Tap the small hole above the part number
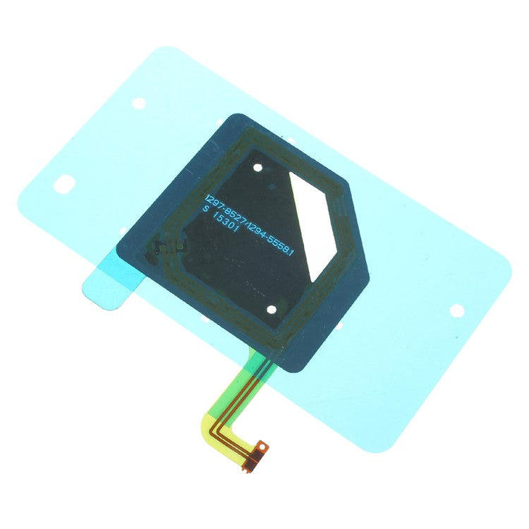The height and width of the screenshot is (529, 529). [x=258, y=168]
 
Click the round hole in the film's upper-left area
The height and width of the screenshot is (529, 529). [x=138, y=103]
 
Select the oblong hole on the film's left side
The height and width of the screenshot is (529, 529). [x=63, y=184]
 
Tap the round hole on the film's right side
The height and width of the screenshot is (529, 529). [x=456, y=309]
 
